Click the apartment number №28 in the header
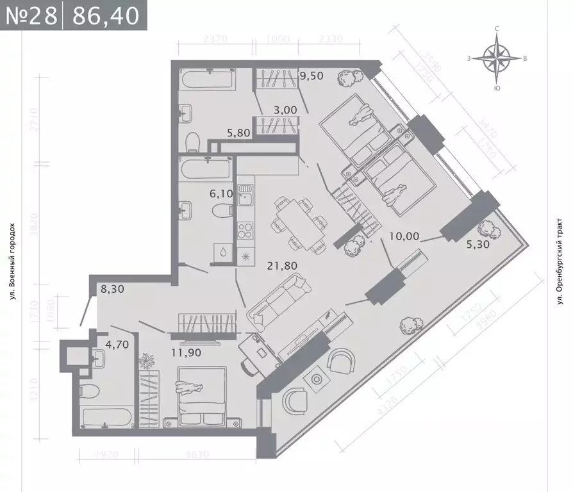31,15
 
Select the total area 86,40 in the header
106,15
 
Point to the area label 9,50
311,75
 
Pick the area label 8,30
112,290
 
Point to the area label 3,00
285,110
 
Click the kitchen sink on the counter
246,198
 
